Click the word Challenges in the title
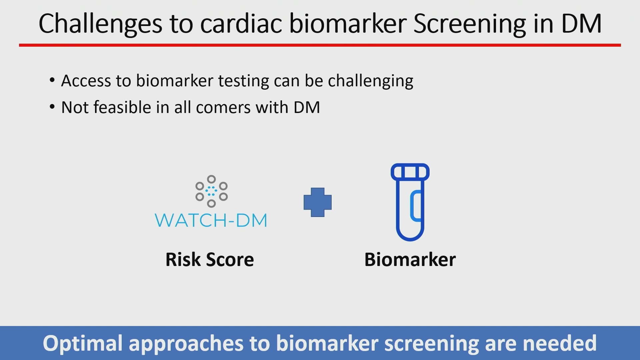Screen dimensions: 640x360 pos(100,24)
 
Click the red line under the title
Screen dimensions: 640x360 pos(320,45)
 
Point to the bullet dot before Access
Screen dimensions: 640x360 pos(52,80)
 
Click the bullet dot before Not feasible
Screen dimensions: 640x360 pos(52,107)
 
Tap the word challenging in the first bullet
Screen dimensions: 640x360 pos(371,81)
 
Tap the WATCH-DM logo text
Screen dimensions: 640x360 pos(211,220)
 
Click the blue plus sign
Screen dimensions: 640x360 pos(318,202)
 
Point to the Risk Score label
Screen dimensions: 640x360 pos(210,260)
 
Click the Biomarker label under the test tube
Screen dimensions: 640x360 pos(410,260)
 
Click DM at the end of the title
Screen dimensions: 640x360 pos(581,24)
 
